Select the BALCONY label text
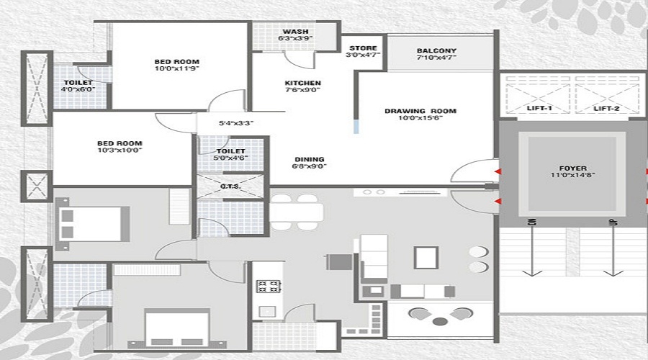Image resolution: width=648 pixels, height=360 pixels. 436,51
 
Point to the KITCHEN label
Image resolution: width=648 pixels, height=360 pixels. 302,83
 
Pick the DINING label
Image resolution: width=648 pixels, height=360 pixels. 309,159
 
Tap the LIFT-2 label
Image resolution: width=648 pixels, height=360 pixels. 608,108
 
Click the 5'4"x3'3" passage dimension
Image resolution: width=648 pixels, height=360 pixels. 235,123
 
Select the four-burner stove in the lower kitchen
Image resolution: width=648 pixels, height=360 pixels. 268,285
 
